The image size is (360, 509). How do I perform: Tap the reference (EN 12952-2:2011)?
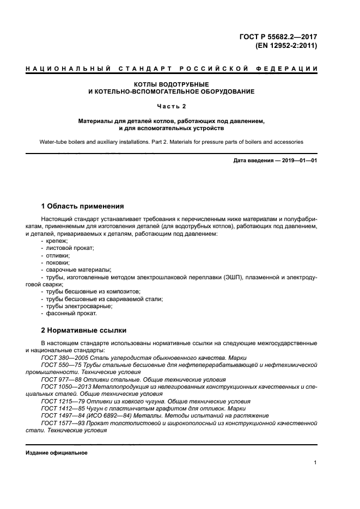coord(286,46)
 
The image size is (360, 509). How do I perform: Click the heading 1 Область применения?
coord(83,206)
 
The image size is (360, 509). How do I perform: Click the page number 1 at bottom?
coord(315,463)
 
